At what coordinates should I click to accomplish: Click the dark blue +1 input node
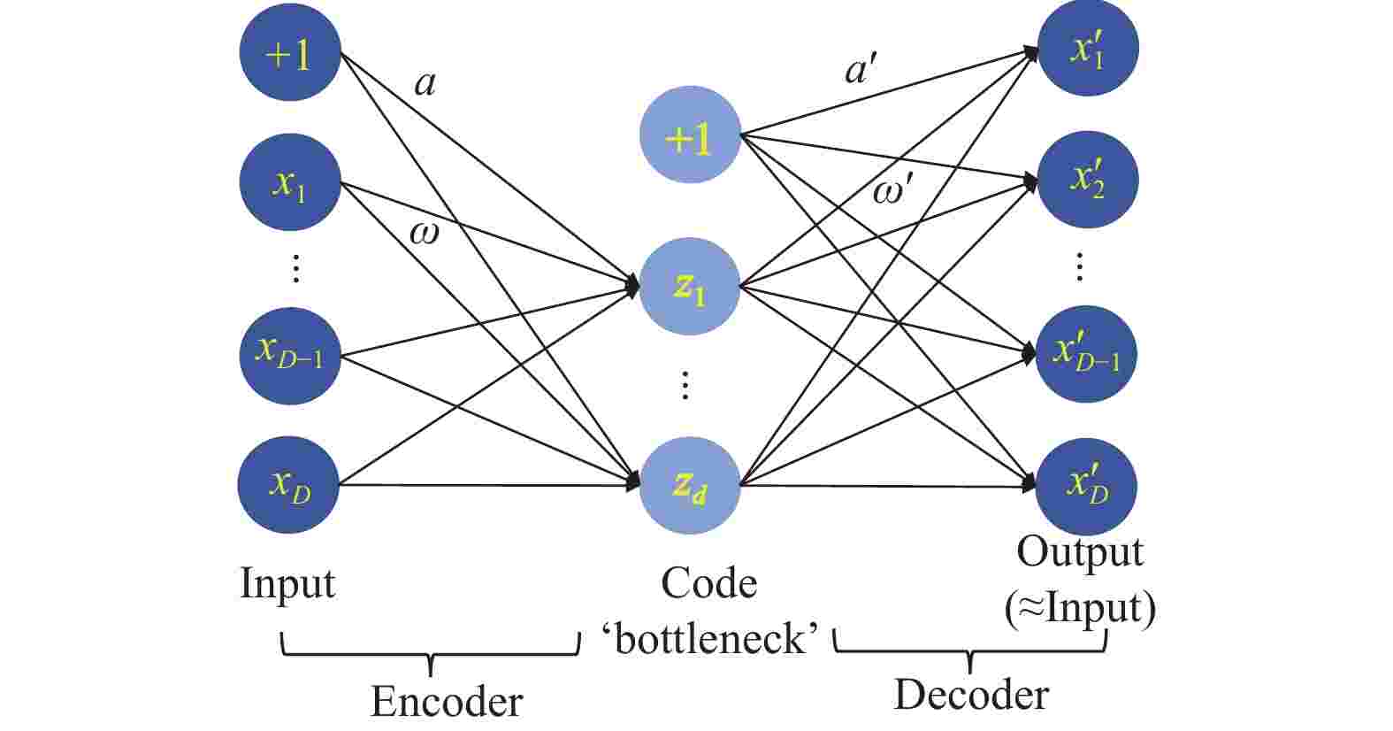tap(290, 54)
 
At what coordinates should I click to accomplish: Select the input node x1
tap(290, 183)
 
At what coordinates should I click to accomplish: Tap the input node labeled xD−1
tap(290, 354)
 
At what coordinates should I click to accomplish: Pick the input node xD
tap(289, 484)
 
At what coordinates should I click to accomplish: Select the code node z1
tap(690, 287)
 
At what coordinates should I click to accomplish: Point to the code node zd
tap(690, 485)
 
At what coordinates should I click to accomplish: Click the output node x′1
tap(1087, 50)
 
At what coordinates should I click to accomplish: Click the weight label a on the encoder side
tap(425, 83)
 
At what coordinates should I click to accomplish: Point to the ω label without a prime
tap(424, 233)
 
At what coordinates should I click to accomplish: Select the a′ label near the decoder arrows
tap(860, 69)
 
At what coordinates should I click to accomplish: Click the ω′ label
tap(892, 191)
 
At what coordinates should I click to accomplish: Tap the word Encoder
tap(447, 702)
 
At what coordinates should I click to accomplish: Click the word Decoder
tap(971, 695)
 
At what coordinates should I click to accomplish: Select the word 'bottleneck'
tap(711, 638)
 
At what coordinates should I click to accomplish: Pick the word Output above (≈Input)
tap(1080, 552)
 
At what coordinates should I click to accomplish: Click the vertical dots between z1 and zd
tap(685, 385)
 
